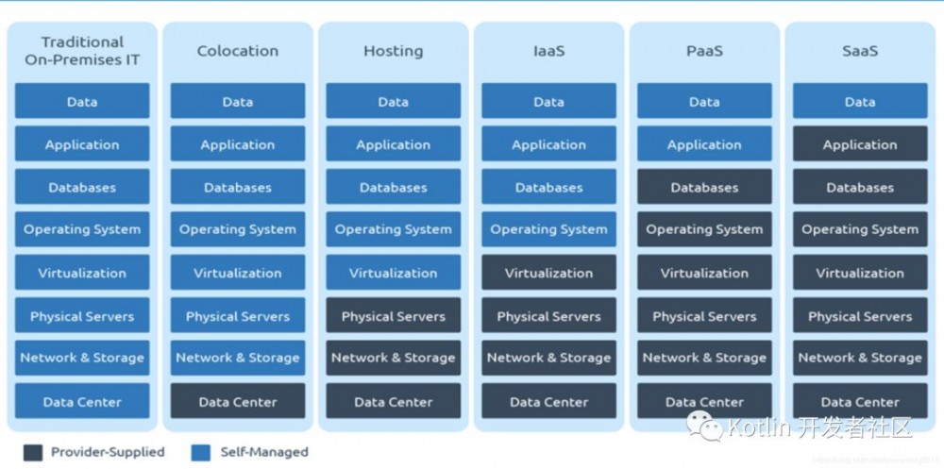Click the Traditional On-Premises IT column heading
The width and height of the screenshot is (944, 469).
click(82, 51)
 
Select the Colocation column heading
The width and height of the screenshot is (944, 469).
click(238, 51)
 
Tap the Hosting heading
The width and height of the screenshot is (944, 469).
click(393, 51)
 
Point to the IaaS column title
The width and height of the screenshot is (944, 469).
click(548, 51)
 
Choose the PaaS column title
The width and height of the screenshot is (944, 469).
click(704, 51)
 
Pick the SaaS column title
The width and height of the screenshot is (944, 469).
click(860, 51)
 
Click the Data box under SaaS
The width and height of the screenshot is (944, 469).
click(860, 101)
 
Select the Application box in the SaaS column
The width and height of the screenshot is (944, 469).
click(860, 144)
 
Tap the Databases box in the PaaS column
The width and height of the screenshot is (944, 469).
click(704, 187)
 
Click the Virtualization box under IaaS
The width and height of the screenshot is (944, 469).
click(548, 273)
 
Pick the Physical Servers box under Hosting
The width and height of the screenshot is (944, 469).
click(393, 316)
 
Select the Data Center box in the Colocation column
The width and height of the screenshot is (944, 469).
click(238, 401)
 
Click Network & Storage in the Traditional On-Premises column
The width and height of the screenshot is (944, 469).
click(82, 358)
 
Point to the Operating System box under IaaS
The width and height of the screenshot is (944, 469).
click(548, 229)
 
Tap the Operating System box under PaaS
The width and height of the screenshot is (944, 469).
click(704, 229)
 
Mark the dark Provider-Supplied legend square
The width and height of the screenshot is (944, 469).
click(33, 452)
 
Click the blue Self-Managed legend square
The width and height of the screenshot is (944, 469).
click(200, 452)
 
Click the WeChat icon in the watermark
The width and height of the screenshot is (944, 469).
click(704, 427)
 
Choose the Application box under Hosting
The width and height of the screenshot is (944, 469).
click(393, 144)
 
